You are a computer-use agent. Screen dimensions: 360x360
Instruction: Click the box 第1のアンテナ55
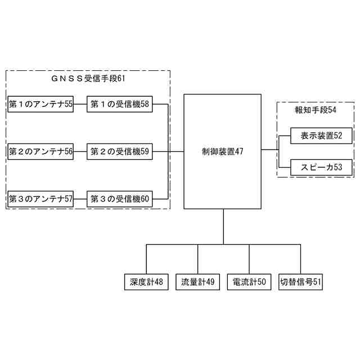[40, 104]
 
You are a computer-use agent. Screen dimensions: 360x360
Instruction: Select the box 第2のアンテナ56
[40, 151]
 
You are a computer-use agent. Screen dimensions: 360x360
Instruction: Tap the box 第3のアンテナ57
[40, 199]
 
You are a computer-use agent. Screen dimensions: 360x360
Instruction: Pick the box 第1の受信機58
[119, 104]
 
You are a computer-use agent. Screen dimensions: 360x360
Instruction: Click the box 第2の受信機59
[119, 151]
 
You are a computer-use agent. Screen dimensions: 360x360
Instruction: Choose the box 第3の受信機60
[119, 199]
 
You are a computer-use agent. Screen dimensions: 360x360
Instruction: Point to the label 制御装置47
[223, 151]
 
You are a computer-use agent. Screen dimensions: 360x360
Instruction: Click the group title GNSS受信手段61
[88, 79]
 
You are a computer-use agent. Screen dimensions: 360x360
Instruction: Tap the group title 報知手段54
[316, 110]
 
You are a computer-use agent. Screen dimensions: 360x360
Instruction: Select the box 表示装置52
[321, 136]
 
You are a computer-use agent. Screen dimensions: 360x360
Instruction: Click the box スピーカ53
[321, 167]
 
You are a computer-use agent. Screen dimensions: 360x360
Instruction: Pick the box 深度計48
[146, 282]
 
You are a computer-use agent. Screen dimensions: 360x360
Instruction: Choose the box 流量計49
[197, 282]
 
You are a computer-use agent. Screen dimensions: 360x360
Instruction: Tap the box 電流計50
[249, 282]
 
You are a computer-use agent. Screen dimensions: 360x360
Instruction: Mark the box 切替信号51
[300, 282]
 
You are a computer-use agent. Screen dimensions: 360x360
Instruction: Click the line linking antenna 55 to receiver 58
[80, 104]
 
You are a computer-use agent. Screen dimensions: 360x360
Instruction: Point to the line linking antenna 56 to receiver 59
[80, 151]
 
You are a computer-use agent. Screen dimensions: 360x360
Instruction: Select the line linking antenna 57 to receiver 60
[80, 199]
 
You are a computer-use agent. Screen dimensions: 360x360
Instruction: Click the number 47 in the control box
[238, 151]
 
